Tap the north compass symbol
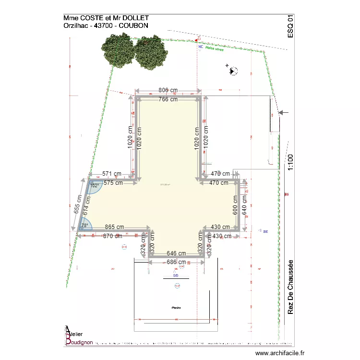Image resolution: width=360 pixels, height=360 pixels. pos(234,71)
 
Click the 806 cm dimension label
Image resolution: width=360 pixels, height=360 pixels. pos(168,90)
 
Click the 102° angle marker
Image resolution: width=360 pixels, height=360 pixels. pos(94,186)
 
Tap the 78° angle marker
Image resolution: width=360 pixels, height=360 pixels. pos(85,225)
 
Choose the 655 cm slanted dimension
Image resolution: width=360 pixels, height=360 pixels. pos(77,207)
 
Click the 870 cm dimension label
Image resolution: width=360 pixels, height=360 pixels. pos(112,236)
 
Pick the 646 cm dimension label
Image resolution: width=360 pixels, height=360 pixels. pos(176,253)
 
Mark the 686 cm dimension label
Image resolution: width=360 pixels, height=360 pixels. pos(176,262)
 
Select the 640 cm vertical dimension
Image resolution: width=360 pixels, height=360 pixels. pos(244,204)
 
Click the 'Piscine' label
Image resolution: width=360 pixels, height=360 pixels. pos(176,308)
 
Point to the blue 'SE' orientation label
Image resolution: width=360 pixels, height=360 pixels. pos(265,231)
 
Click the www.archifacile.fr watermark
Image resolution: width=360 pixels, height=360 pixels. pos(279,353)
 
